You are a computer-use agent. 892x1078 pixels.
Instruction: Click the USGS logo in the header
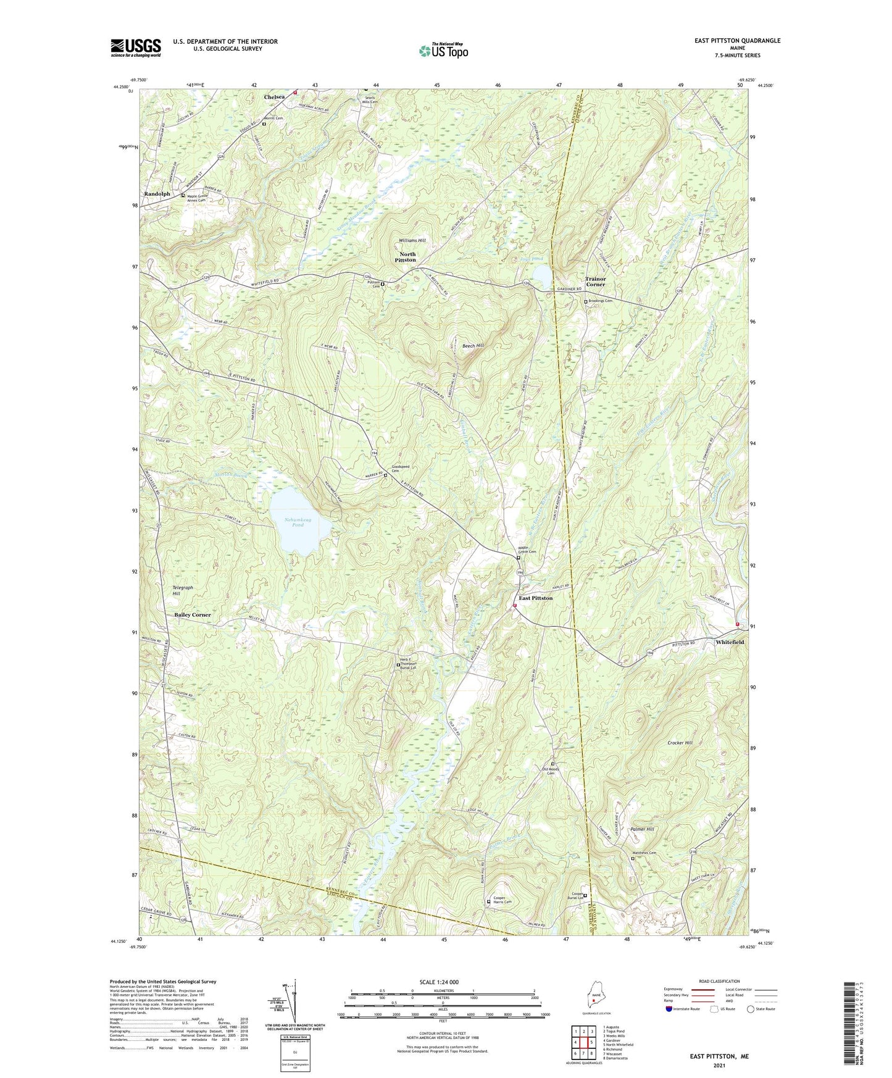136,48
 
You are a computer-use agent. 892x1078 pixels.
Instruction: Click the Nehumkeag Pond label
298,522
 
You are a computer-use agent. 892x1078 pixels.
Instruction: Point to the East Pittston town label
535,598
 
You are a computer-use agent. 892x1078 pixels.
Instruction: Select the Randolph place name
157,194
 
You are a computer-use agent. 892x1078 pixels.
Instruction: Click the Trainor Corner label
595,282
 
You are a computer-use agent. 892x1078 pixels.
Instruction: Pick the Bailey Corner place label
192,614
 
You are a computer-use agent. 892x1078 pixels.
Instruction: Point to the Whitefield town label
730,642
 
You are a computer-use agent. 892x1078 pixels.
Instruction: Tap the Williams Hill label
412,240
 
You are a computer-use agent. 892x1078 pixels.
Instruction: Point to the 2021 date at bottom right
719,1066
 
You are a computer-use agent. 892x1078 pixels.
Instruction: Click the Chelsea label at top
275,97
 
